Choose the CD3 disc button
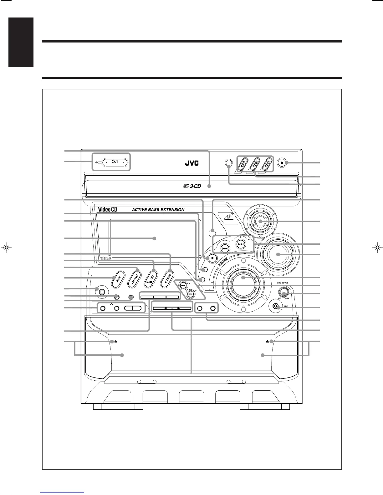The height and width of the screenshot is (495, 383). [x=267, y=163]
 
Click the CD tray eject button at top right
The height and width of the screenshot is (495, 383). [x=282, y=163]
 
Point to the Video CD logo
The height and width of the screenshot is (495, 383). [x=108, y=209]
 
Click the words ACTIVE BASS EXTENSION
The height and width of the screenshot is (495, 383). [x=158, y=209]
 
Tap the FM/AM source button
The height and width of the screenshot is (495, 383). [x=135, y=277]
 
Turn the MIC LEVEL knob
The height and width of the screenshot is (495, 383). [x=283, y=293]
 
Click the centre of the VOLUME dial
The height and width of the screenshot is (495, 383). [x=243, y=278]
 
